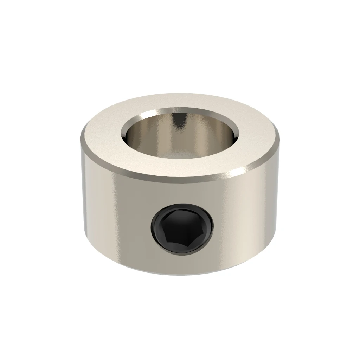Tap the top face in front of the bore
coord(179,165)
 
